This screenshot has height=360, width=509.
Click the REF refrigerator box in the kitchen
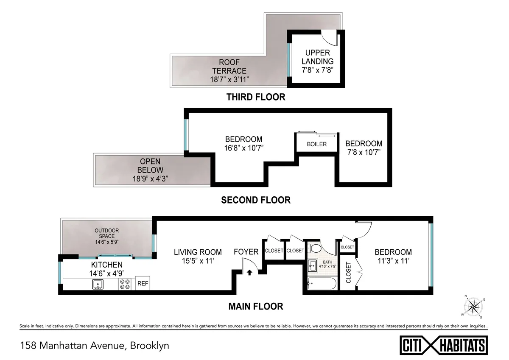(143, 284)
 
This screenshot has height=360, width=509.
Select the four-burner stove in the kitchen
(125, 284)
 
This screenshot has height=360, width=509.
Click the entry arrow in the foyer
(250, 273)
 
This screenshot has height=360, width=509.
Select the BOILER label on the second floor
(317, 144)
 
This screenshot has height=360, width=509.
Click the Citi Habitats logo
(444, 344)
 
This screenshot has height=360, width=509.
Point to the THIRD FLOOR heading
(256, 97)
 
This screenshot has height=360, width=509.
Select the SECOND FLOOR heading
(256, 200)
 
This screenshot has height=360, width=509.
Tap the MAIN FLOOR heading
(256, 306)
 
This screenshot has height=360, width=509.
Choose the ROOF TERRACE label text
(229, 67)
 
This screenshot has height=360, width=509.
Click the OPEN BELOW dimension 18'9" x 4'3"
(150, 178)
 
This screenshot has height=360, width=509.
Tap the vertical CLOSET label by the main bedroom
(348, 272)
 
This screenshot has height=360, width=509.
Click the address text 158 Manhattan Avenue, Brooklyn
(94, 345)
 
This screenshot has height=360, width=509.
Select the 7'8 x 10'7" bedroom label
(364, 153)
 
